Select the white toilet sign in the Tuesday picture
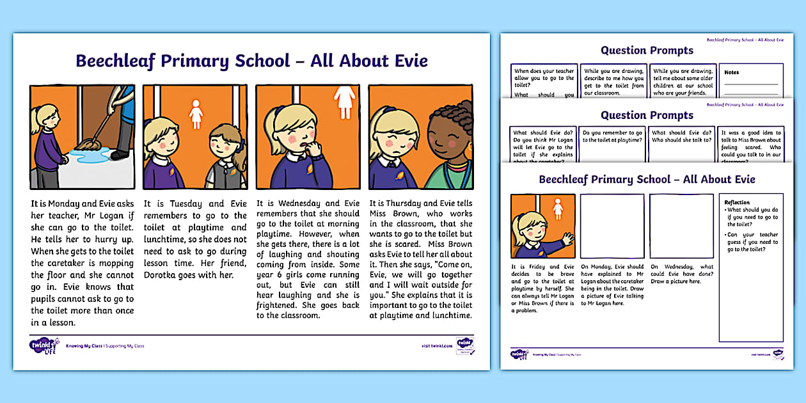tap(196, 114)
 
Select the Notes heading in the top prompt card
tap(731, 72)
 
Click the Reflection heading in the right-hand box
tap(737, 202)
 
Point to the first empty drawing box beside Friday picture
tap(612, 226)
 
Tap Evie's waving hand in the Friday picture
tap(567, 239)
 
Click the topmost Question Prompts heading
tap(647, 51)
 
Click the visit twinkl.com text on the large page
tap(432, 346)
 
